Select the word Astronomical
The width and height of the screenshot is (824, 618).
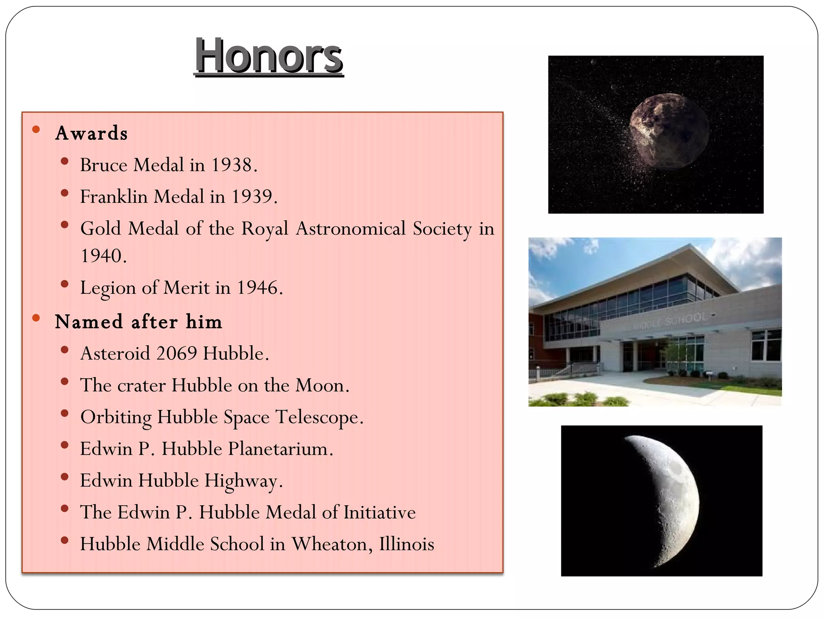click(351, 229)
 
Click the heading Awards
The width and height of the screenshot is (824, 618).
click(91, 133)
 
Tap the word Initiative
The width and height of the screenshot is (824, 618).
click(379, 513)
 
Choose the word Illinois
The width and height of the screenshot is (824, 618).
click(406, 544)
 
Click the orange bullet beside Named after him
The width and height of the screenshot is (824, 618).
click(36, 318)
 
